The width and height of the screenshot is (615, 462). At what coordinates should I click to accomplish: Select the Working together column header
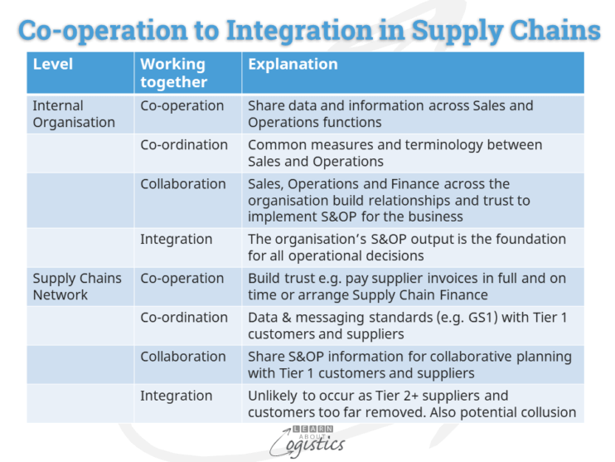(x=173, y=72)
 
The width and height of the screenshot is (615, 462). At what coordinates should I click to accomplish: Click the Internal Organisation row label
(x=74, y=114)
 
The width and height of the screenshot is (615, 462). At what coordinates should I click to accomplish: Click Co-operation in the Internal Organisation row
(x=182, y=106)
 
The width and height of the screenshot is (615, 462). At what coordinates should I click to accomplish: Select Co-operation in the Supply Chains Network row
(x=182, y=279)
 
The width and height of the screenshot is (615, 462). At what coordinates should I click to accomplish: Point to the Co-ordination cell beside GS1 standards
(x=184, y=318)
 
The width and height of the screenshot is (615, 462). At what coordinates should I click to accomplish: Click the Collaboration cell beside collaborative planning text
(x=183, y=357)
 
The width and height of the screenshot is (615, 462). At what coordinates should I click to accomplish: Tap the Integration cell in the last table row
(x=176, y=396)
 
